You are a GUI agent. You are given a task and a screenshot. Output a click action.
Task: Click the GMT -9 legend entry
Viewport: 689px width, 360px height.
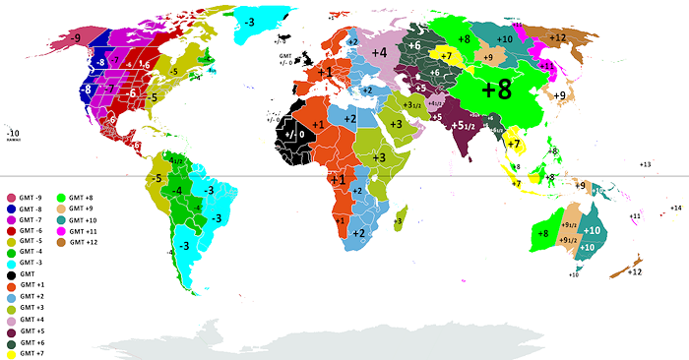coord(29,198)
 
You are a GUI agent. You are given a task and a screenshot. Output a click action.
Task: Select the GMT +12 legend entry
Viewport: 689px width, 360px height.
coord(83,241)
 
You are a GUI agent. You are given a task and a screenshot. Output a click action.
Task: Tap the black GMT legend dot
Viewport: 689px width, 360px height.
coord(11,273)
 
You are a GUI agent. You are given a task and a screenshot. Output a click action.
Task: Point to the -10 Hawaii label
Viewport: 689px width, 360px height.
coord(13,132)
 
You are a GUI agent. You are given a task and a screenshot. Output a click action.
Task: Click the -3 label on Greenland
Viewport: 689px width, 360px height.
coord(251,22)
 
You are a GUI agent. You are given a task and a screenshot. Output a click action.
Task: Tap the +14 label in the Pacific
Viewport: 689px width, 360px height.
coord(676,209)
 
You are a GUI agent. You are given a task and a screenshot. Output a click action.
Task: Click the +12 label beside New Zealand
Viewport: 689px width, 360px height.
coord(636,270)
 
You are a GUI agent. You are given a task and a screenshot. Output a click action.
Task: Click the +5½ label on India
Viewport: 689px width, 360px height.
coord(464,125)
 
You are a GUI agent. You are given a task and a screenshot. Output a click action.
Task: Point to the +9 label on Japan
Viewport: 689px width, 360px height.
coord(561,95)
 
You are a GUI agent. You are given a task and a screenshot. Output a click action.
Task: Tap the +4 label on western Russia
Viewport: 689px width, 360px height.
coord(378,52)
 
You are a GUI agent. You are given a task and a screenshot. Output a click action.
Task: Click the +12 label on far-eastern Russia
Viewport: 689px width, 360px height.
coord(558,37)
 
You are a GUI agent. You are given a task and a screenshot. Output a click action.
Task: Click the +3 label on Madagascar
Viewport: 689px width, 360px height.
coord(398,222)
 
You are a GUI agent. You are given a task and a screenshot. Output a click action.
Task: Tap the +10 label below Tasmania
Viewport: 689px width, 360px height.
coord(574,274)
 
